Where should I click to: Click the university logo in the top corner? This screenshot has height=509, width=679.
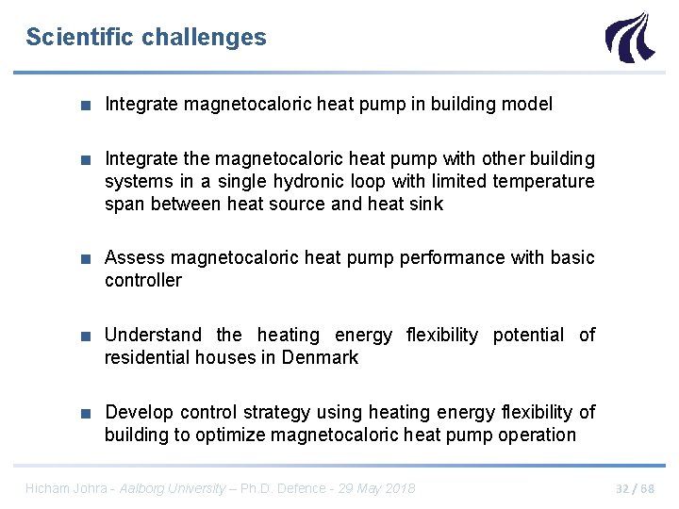[627, 37]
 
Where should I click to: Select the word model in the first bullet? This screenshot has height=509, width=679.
[528, 104]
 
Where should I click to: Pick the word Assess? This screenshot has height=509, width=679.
[132, 257]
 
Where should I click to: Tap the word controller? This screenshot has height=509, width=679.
[142, 280]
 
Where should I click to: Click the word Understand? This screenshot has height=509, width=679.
[153, 335]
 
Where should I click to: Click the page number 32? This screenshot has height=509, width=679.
[623, 488]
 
